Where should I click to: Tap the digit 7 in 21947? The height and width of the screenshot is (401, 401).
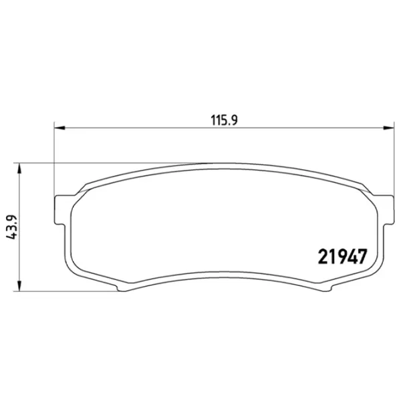[362, 257]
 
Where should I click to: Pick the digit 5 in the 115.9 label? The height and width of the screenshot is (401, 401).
[223, 121]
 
